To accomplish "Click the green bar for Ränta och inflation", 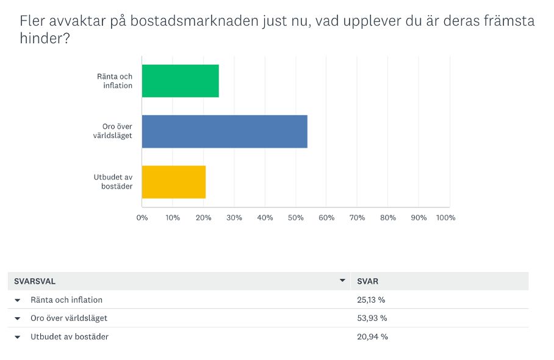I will (180, 81).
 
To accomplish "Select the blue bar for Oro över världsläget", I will (225, 131).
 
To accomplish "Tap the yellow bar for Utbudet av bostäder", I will (173, 182).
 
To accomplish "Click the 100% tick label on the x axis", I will (446, 218).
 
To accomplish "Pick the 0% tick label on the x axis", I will (142, 218).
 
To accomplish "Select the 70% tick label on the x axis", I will (358, 218).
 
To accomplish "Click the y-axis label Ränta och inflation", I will (115, 81).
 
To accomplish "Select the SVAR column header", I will (367, 281).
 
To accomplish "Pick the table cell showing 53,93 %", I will (372, 318).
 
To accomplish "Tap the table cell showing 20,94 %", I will (372, 336).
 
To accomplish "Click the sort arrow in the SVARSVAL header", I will (342, 281).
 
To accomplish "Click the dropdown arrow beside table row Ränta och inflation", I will (17, 300).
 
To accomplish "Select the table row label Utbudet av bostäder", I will (70, 336).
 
